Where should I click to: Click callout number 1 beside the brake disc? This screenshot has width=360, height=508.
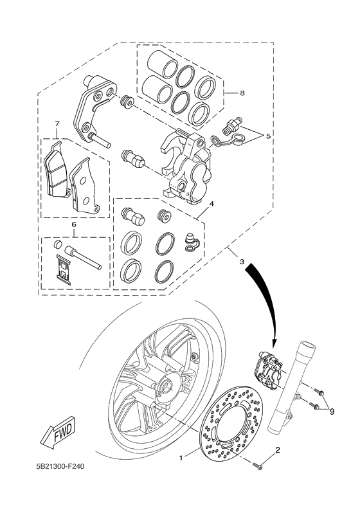coord(181,458)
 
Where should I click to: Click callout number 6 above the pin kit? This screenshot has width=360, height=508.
coord(74,224)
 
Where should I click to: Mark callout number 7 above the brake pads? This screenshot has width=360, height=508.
coord(57,123)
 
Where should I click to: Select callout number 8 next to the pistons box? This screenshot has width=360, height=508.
coord(241,93)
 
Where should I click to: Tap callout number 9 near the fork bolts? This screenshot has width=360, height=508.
coord(332,412)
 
